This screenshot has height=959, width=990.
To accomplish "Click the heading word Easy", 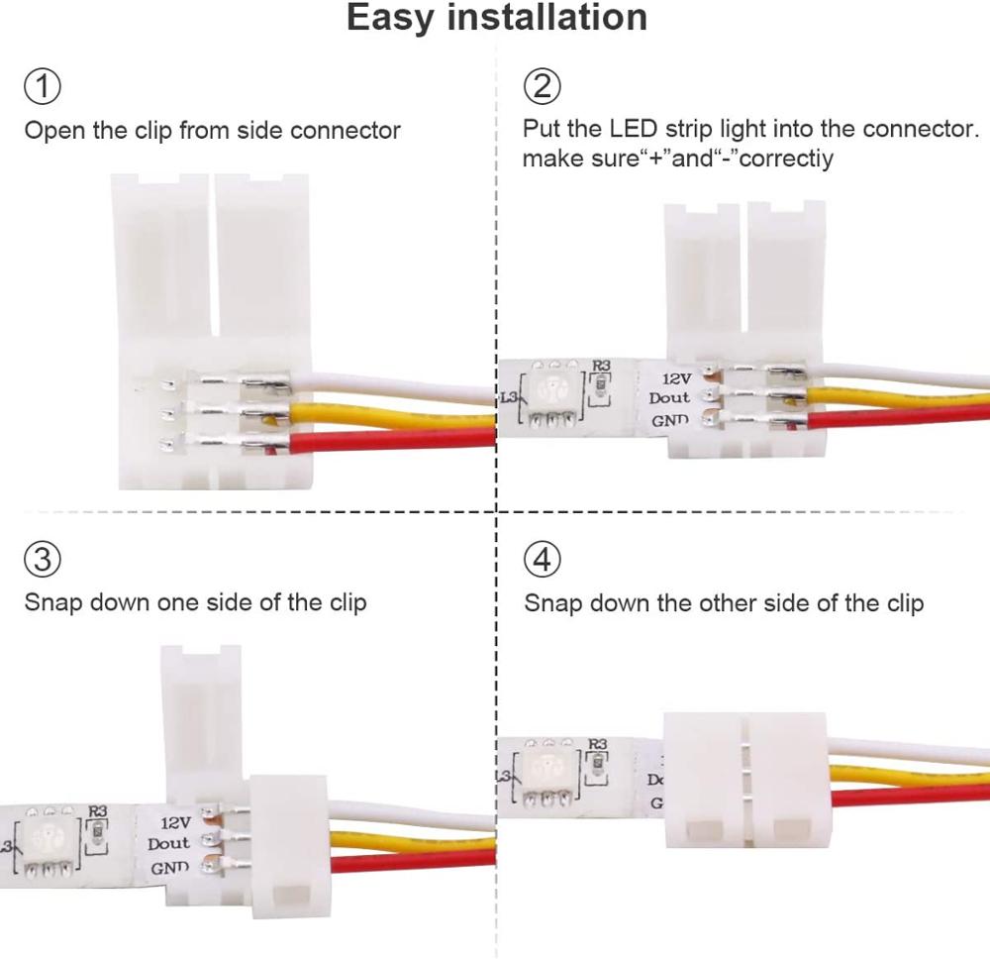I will click(395, 18).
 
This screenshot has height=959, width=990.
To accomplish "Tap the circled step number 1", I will click(42, 87).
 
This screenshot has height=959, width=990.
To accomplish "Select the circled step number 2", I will click(541, 87).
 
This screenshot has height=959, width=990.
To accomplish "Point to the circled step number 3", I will click(42, 560).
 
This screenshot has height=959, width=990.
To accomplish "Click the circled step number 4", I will click(541, 560).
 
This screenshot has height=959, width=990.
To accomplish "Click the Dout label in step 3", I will click(168, 844).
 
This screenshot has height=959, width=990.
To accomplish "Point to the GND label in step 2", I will click(669, 421).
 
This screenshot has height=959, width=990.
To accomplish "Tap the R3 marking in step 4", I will click(598, 744).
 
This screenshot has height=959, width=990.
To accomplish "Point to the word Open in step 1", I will click(51, 130).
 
